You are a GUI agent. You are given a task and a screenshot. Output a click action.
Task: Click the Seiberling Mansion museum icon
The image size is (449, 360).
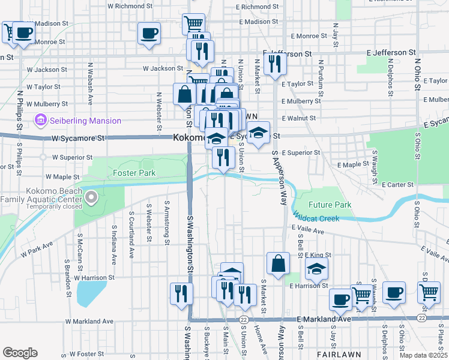click(x=41, y=121)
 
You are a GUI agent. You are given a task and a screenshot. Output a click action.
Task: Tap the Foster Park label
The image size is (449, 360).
click(x=134, y=173)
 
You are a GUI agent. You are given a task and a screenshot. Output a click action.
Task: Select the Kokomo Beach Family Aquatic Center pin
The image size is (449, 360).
click(x=91, y=197)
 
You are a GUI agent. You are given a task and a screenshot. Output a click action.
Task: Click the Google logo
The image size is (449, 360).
click(x=20, y=353)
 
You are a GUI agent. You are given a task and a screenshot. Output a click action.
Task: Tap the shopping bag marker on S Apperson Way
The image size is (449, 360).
click(x=279, y=263)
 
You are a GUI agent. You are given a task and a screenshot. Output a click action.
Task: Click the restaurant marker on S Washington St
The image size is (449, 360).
click(x=181, y=293)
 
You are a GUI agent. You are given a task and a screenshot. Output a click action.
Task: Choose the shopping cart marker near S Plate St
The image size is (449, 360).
click(x=429, y=292)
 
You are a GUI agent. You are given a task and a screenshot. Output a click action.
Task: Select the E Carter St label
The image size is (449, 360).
click(x=397, y=184)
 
